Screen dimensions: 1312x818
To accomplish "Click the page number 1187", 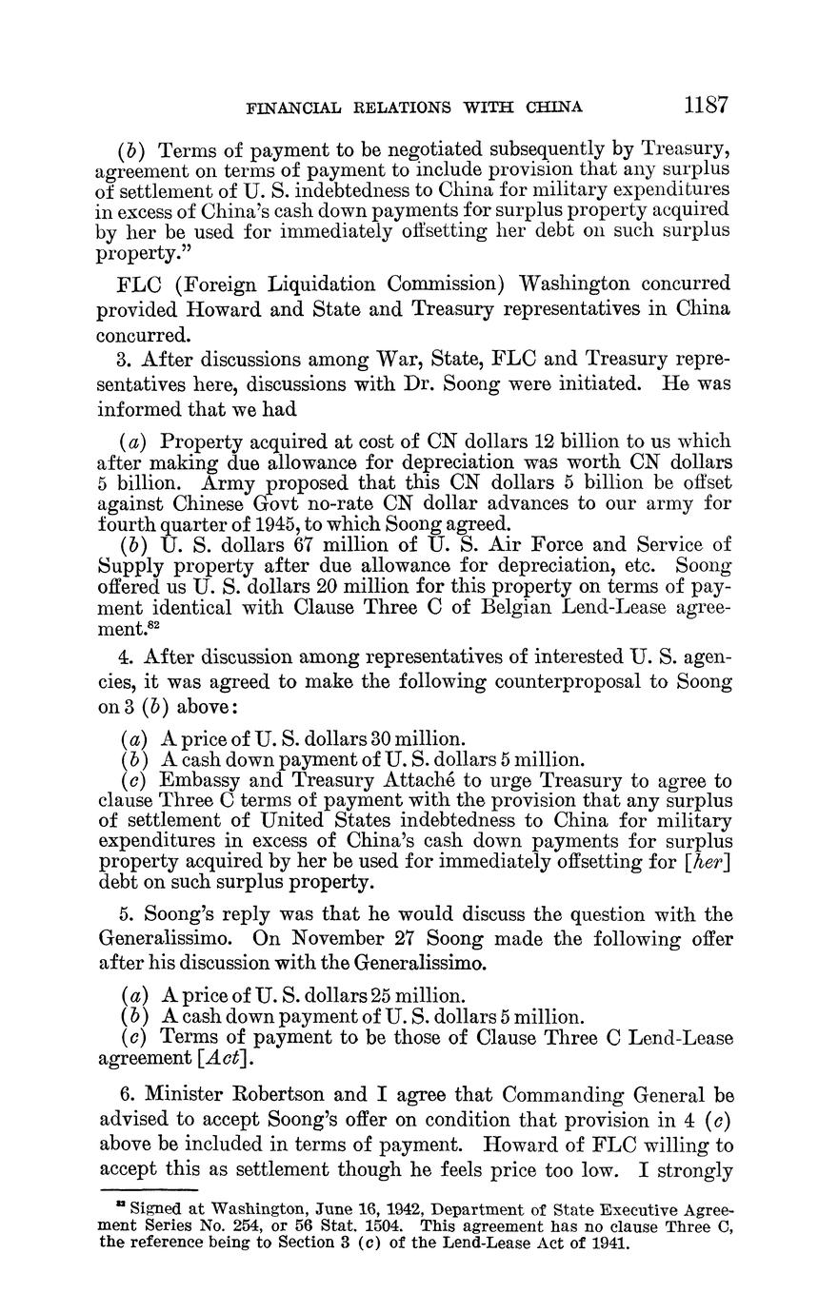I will (x=705, y=105).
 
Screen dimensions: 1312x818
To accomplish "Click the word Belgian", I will (x=528, y=607).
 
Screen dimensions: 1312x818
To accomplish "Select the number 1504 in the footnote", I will (x=389, y=1226).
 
